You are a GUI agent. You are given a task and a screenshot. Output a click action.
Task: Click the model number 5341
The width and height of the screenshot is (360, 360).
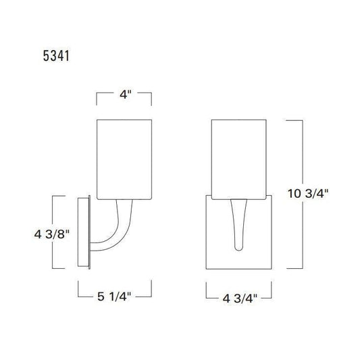[x=56, y=56]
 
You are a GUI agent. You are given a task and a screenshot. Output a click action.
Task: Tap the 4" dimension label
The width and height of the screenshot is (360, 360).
[x=126, y=94]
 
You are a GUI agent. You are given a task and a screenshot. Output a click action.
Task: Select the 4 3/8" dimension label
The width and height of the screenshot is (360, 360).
[x=52, y=234]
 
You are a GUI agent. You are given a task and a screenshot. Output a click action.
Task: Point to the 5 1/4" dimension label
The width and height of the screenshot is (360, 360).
[x=114, y=297]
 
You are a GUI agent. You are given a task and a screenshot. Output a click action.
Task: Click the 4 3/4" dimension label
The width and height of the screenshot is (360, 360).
[x=240, y=299]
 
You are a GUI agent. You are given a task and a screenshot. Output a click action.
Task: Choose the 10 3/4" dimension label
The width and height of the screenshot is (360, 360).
[x=308, y=194]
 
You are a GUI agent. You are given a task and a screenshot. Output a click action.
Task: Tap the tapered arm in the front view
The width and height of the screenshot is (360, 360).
[x=239, y=224]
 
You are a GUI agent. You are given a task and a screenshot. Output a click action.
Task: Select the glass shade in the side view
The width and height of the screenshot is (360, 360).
[x=124, y=159]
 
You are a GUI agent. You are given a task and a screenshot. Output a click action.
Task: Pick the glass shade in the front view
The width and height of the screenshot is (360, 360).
[x=239, y=159]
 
